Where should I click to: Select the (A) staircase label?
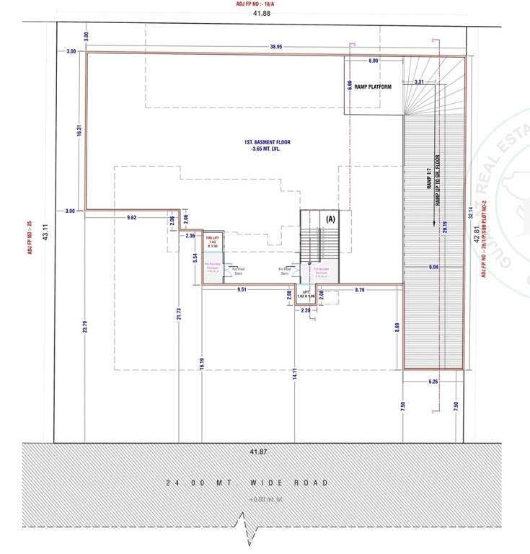click(331, 218)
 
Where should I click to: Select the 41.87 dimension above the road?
click(257, 451)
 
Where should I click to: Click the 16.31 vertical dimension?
click(78, 131)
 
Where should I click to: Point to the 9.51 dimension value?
click(244, 289)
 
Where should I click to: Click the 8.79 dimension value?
click(359, 289)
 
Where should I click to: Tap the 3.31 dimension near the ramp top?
click(419, 82)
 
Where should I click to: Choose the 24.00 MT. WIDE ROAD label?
click(247, 483)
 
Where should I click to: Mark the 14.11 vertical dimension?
click(295, 373)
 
